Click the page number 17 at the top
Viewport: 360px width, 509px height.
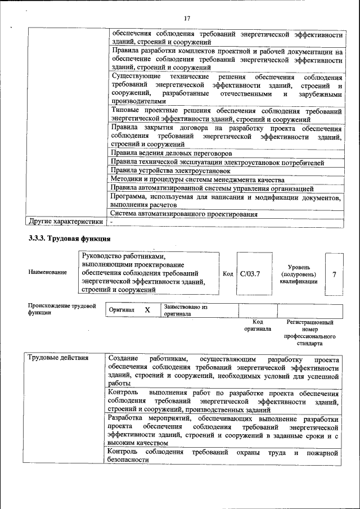click(187, 19)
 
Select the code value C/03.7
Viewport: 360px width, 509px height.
click(250, 274)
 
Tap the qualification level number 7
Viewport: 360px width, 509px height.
click(335, 274)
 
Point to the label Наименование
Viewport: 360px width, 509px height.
click(47, 272)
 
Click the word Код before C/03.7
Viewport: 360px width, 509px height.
click(228, 274)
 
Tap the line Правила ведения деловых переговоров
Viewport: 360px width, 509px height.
click(172, 153)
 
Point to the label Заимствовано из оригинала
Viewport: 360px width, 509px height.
click(186, 310)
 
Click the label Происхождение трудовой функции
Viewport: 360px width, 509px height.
click(62, 309)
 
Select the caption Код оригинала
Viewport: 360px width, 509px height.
click(258, 326)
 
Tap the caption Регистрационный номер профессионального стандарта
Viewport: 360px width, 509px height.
click(309, 332)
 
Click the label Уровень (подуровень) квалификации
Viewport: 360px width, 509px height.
click(299, 274)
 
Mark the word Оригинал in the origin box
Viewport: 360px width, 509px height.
click(121, 310)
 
